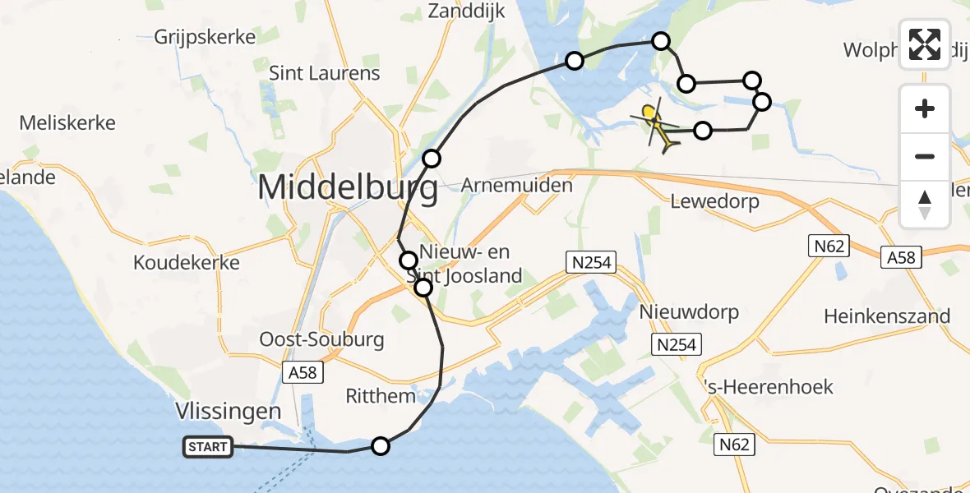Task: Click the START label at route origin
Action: [208, 447]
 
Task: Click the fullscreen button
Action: [925, 44]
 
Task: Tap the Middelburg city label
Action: [348, 189]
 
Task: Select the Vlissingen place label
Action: [229, 411]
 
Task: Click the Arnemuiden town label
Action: [516, 185]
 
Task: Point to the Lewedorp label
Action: [714, 200]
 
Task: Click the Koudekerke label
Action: [187, 263]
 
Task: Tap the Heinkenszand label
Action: [887, 316]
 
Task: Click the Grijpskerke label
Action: [205, 37]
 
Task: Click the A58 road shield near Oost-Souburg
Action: [303, 373]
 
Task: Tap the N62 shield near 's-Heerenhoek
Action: [734, 445]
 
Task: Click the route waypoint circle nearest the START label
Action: [380, 446]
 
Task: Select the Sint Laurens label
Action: [325, 73]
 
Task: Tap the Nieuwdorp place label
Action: [677, 312]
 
